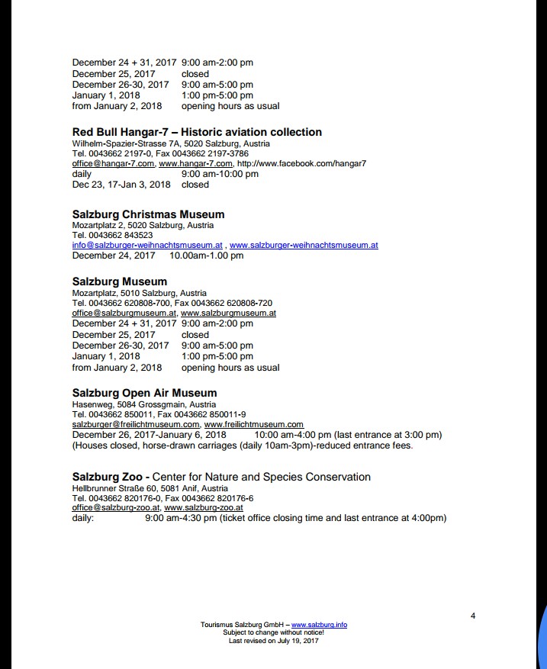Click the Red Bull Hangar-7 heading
pos(197,132)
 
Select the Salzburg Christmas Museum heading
pos(148,214)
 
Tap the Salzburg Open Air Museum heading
pos(144,394)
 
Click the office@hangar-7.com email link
pos(113,163)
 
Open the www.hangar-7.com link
pos(195,163)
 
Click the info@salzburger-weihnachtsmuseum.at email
pos(147,246)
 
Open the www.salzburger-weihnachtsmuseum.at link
pos(304,246)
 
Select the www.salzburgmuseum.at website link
pos(228,313)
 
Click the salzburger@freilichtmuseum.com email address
pos(136,424)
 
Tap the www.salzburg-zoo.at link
pos(204,507)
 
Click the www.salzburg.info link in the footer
pos(319,625)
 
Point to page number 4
pos(473,616)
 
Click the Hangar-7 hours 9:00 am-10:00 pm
pos(220,174)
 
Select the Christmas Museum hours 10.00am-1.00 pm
pos(206,256)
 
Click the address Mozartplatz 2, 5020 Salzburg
pos(143,225)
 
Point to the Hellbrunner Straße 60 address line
pos(150,488)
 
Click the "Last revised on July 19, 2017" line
pos(273,641)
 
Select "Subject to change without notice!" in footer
pos(273,632)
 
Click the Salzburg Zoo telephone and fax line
pos(162,498)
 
